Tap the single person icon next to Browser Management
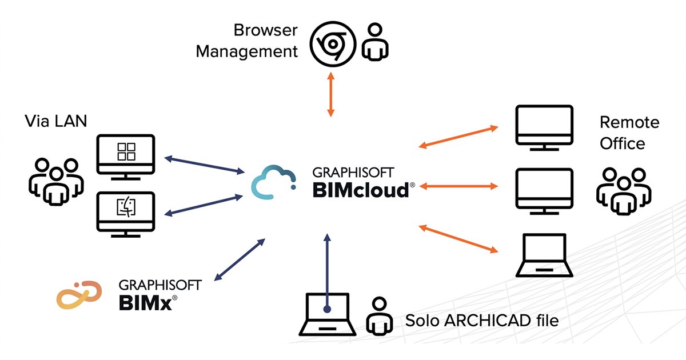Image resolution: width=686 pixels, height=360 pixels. pyautogui.click(x=374, y=42)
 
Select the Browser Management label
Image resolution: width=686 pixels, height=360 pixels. pyautogui.click(x=247, y=41)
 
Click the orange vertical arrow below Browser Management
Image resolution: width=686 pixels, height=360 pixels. pyautogui.click(x=330, y=94)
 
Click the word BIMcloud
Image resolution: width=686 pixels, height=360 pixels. pyautogui.click(x=360, y=190)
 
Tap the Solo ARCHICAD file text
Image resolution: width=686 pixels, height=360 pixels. pyautogui.click(x=481, y=320)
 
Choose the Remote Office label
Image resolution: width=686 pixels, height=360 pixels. pyautogui.click(x=629, y=133)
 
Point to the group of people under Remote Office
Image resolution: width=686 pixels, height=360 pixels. pyautogui.click(x=624, y=192)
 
